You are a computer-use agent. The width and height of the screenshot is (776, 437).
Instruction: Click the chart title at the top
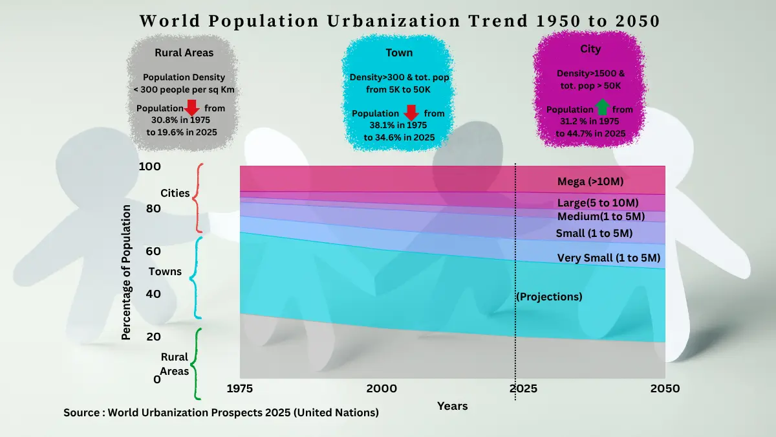click(x=400, y=21)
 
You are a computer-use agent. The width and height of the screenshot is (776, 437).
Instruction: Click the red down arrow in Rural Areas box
click(x=193, y=108)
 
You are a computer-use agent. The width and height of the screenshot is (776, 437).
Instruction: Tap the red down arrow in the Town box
click(x=412, y=113)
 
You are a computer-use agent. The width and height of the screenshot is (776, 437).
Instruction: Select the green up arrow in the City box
click(x=602, y=107)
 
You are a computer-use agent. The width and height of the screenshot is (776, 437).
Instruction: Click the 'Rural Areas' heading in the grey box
click(x=184, y=53)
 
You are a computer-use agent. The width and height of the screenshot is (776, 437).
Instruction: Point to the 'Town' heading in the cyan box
click(x=399, y=53)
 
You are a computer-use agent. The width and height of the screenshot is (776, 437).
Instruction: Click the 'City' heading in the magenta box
click(x=590, y=49)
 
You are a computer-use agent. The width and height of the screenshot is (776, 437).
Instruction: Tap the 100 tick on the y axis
click(x=149, y=166)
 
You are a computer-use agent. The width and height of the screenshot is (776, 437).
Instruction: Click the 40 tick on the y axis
click(x=153, y=294)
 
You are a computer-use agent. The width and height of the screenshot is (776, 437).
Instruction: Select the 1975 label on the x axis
click(x=239, y=388)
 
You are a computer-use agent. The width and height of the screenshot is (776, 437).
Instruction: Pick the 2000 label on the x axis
click(x=382, y=388)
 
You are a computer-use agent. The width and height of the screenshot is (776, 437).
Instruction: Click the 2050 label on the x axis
click(x=665, y=388)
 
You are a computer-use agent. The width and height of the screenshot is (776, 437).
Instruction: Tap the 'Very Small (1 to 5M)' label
click(x=608, y=258)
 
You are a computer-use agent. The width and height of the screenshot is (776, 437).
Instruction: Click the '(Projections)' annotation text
click(x=549, y=297)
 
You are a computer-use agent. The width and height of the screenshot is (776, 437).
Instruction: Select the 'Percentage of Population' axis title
click(x=126, y=272)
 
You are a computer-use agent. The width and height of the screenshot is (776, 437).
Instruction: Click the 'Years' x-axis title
click(x=452, y=406)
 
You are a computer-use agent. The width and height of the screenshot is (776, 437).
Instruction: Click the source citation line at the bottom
click(x=221, y=412)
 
